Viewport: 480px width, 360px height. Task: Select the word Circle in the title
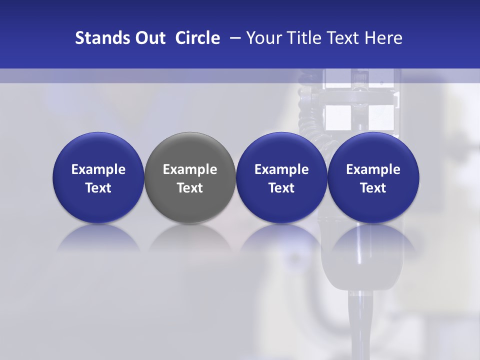(197, 38)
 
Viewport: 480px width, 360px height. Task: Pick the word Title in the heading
(302, 38)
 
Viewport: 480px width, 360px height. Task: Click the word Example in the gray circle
(190, 170)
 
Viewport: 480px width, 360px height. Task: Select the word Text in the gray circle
(190, 188)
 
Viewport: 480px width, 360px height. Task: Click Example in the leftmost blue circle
(98, 170)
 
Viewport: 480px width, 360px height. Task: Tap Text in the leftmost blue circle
(98, 188)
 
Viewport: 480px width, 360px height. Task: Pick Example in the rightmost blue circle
(373, 170)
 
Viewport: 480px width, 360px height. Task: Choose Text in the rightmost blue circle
(373, 188)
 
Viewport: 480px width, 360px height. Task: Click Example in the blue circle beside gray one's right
(281, 170)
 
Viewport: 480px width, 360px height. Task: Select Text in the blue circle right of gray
(281, 188)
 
